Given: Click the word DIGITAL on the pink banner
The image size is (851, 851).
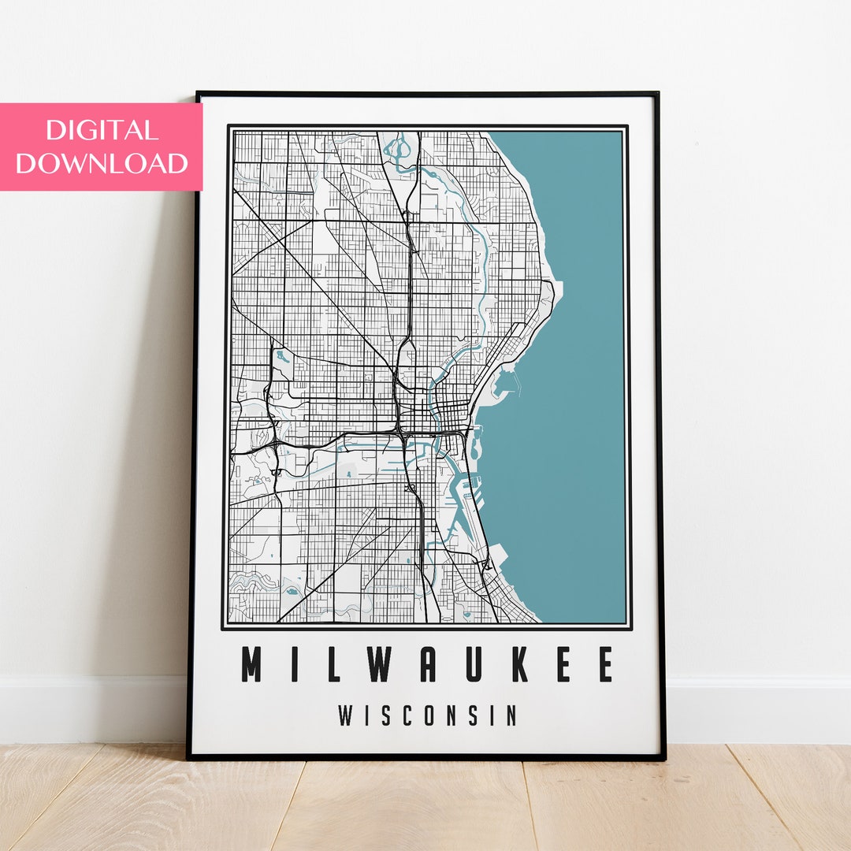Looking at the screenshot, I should [102, 130].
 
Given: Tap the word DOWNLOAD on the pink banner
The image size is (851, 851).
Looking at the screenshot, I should [102, 163].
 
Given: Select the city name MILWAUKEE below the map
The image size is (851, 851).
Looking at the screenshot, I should [427, 665].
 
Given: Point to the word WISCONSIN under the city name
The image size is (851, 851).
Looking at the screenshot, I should [427, 715].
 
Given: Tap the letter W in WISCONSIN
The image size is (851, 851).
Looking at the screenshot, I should [347, 715].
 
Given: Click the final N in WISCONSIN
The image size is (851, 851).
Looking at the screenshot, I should [512, 715].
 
